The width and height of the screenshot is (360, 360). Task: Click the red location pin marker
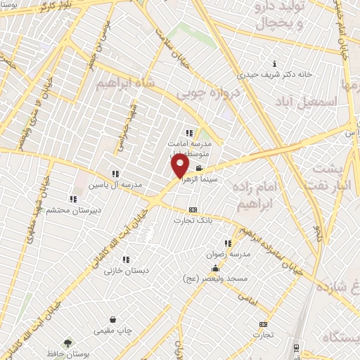point(181,166)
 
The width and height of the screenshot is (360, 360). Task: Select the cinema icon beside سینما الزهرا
point(200,169)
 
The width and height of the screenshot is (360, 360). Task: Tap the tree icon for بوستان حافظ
point(67,343)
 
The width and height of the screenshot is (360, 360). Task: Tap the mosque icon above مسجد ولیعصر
point(214,268)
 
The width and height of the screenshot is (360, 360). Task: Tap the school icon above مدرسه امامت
point(188,132)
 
